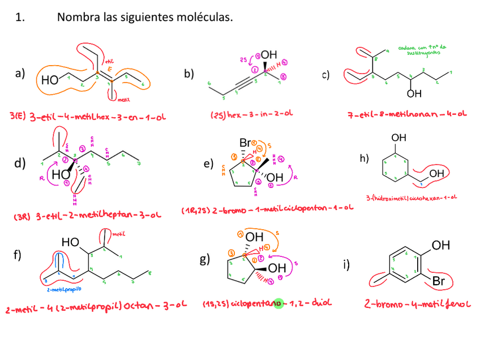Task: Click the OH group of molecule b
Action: (x=269, y=54)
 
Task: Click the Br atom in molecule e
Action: (x=245, y=142)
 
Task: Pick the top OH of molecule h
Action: (x=399, y=137)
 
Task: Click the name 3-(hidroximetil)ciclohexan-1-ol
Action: (x=412, y=198)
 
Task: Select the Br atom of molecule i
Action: (x=440, y=281)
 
